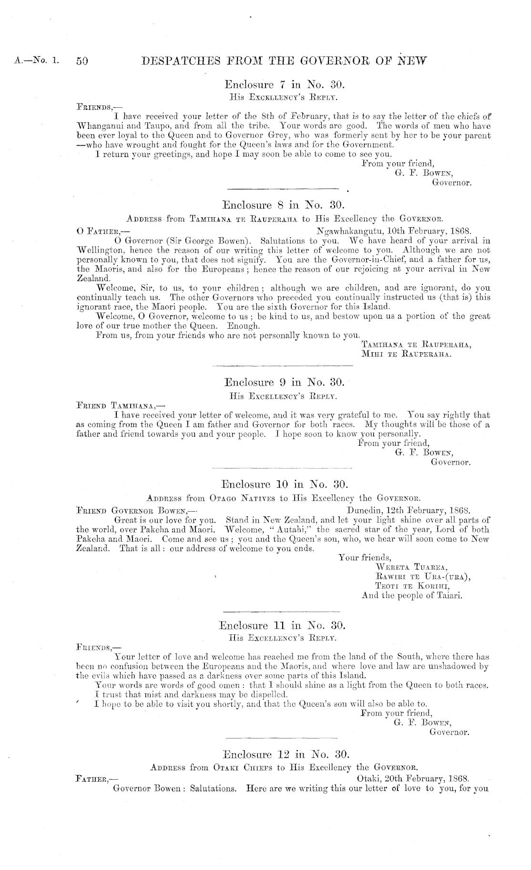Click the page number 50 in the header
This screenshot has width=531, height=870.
click(x=82, y=61)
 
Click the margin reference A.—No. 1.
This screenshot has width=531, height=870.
click(x=38, y=61)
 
